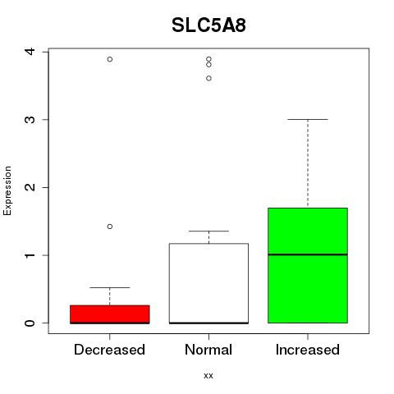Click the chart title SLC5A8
(208, 25)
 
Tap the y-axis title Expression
(7, 190)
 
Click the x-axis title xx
(208, 375)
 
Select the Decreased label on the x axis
(109, 350)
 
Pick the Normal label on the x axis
(208, 350)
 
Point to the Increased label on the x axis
(308, 350)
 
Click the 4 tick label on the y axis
(30, 51)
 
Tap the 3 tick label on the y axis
(30, 120)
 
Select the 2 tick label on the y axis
(30, 187)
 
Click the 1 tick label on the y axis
(30, 255)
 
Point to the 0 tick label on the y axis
(30, 323)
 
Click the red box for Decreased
(110, 314)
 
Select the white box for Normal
(208, 283)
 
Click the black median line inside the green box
(308, 254)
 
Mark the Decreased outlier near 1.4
(110, 227)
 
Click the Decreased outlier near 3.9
(110, 59)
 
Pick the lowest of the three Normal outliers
(208, 79)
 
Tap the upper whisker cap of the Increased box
(308, 119)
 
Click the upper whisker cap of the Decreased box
(110, 287)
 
